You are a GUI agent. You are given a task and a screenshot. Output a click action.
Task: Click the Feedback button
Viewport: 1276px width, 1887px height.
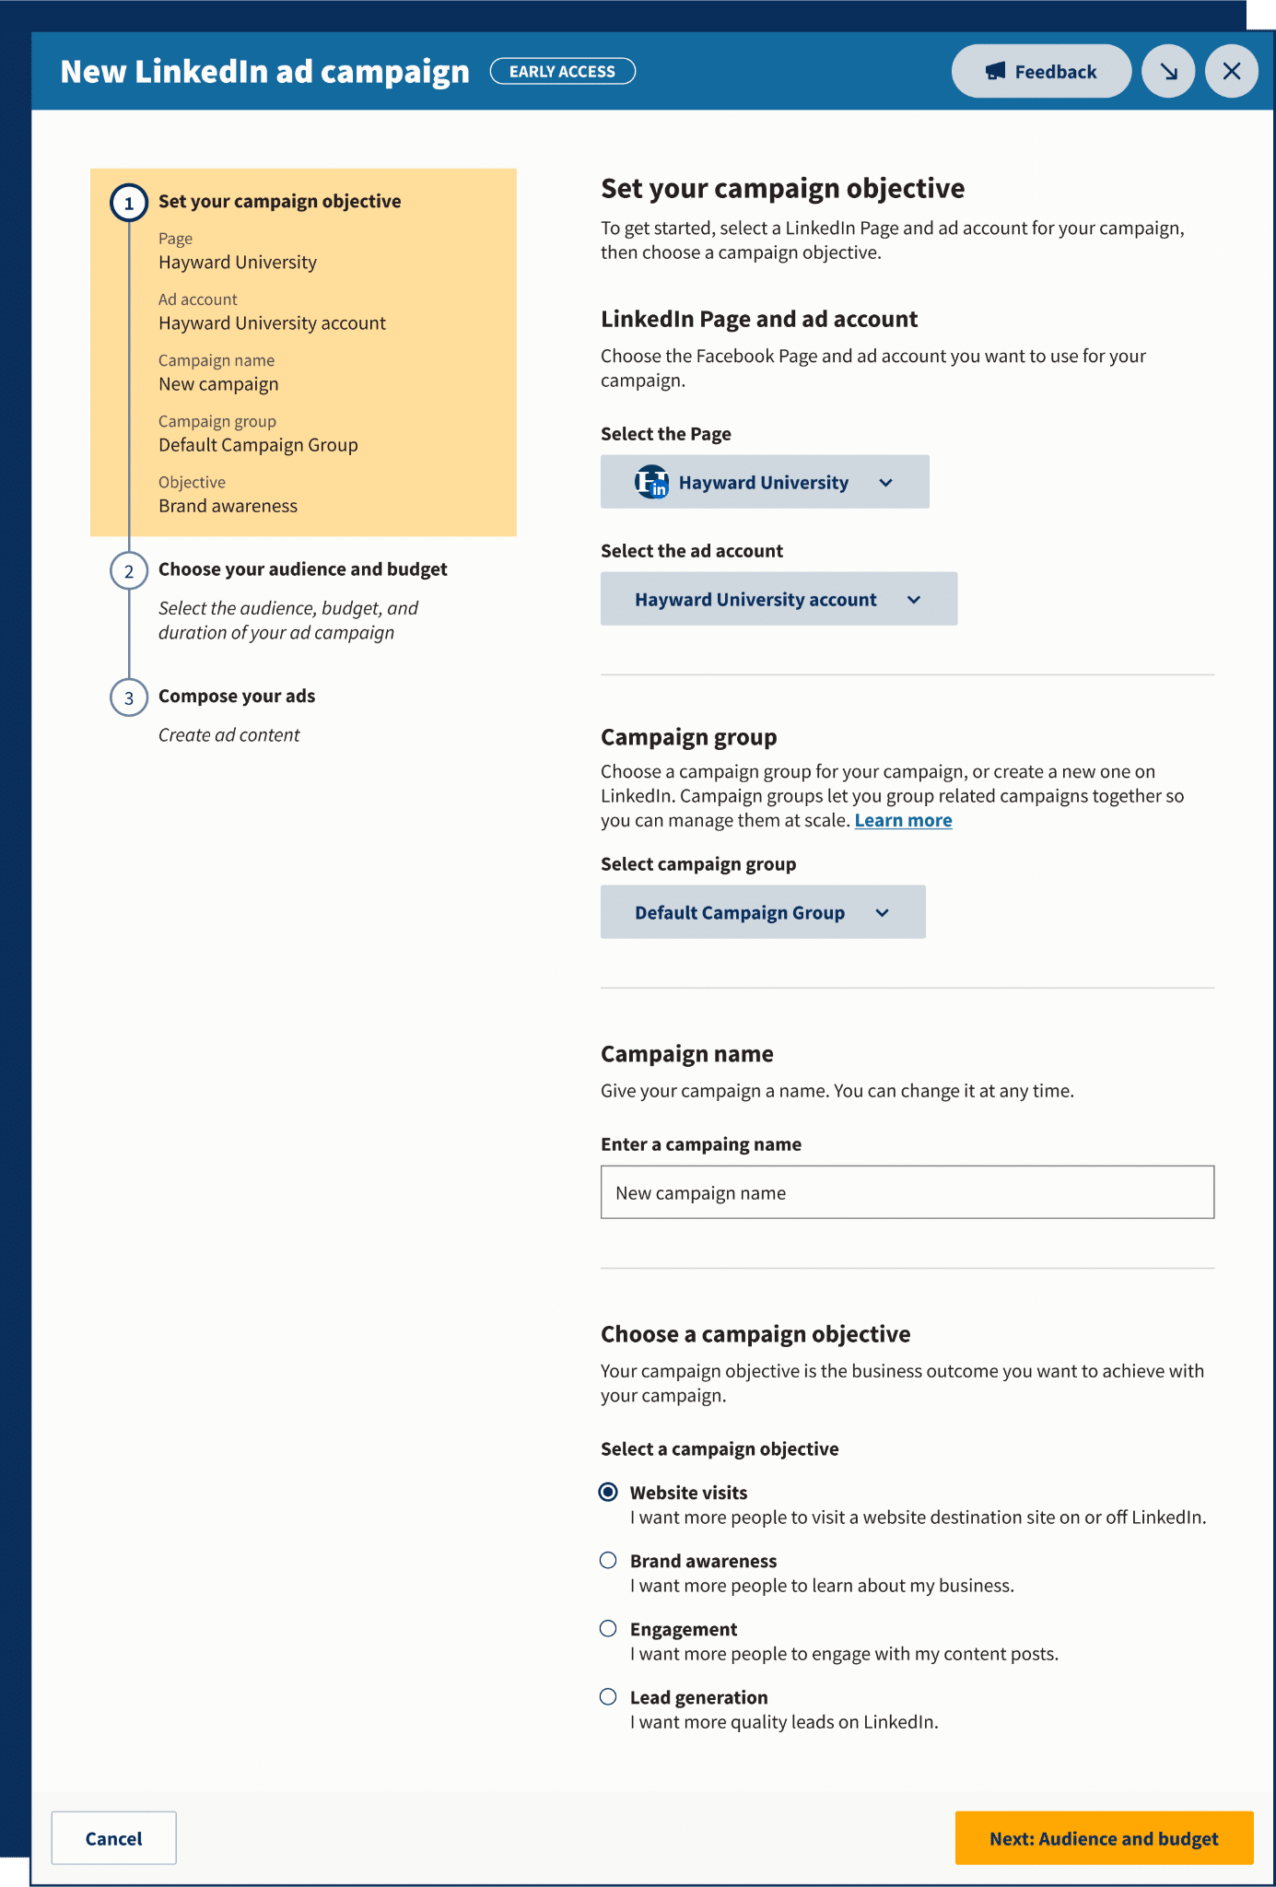(1041, 71)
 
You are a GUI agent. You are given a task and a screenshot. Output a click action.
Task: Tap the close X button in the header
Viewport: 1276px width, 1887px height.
(1232, 71)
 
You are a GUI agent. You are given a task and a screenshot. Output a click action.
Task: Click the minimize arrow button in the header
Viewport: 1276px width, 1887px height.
(1168, 71)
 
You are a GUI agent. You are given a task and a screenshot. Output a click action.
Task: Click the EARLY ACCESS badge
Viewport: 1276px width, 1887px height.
(562, 71)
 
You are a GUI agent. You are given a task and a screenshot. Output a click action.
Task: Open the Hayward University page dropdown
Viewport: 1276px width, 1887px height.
(765, 482)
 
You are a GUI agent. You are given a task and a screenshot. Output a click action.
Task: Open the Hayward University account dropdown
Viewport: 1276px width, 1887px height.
(778, 599)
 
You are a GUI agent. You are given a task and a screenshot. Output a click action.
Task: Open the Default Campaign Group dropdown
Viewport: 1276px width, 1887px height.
(763, 912)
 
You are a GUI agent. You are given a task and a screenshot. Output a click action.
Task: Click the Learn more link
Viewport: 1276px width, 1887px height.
(903, 820)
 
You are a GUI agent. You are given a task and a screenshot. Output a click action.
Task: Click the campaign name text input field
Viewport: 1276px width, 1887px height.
(907, 1192)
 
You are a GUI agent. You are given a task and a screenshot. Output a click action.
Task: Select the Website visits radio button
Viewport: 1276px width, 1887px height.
(608, 1492)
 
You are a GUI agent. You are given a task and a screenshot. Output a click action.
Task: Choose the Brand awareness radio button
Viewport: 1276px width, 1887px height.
(608, 1560)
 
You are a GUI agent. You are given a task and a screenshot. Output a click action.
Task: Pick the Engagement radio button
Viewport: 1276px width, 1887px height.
(608, 1628)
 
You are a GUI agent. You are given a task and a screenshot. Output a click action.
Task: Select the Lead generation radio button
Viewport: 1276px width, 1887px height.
(608, 1696)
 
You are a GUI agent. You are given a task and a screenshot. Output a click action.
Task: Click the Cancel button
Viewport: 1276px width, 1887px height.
(113, 1838)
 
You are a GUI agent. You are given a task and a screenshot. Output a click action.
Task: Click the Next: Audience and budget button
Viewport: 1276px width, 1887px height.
(1104, 1838)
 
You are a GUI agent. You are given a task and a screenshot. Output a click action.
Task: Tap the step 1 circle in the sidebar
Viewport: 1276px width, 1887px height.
(129, 203)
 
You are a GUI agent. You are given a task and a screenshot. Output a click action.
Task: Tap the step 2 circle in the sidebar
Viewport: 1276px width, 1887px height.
(129, 571)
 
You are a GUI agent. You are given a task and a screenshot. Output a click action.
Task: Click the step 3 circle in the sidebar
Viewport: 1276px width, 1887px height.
(129, 697)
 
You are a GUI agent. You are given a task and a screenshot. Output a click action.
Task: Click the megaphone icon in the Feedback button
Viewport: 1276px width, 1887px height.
(995, 71)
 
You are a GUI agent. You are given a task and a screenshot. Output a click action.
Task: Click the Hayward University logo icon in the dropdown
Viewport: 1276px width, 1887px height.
(651, 482)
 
